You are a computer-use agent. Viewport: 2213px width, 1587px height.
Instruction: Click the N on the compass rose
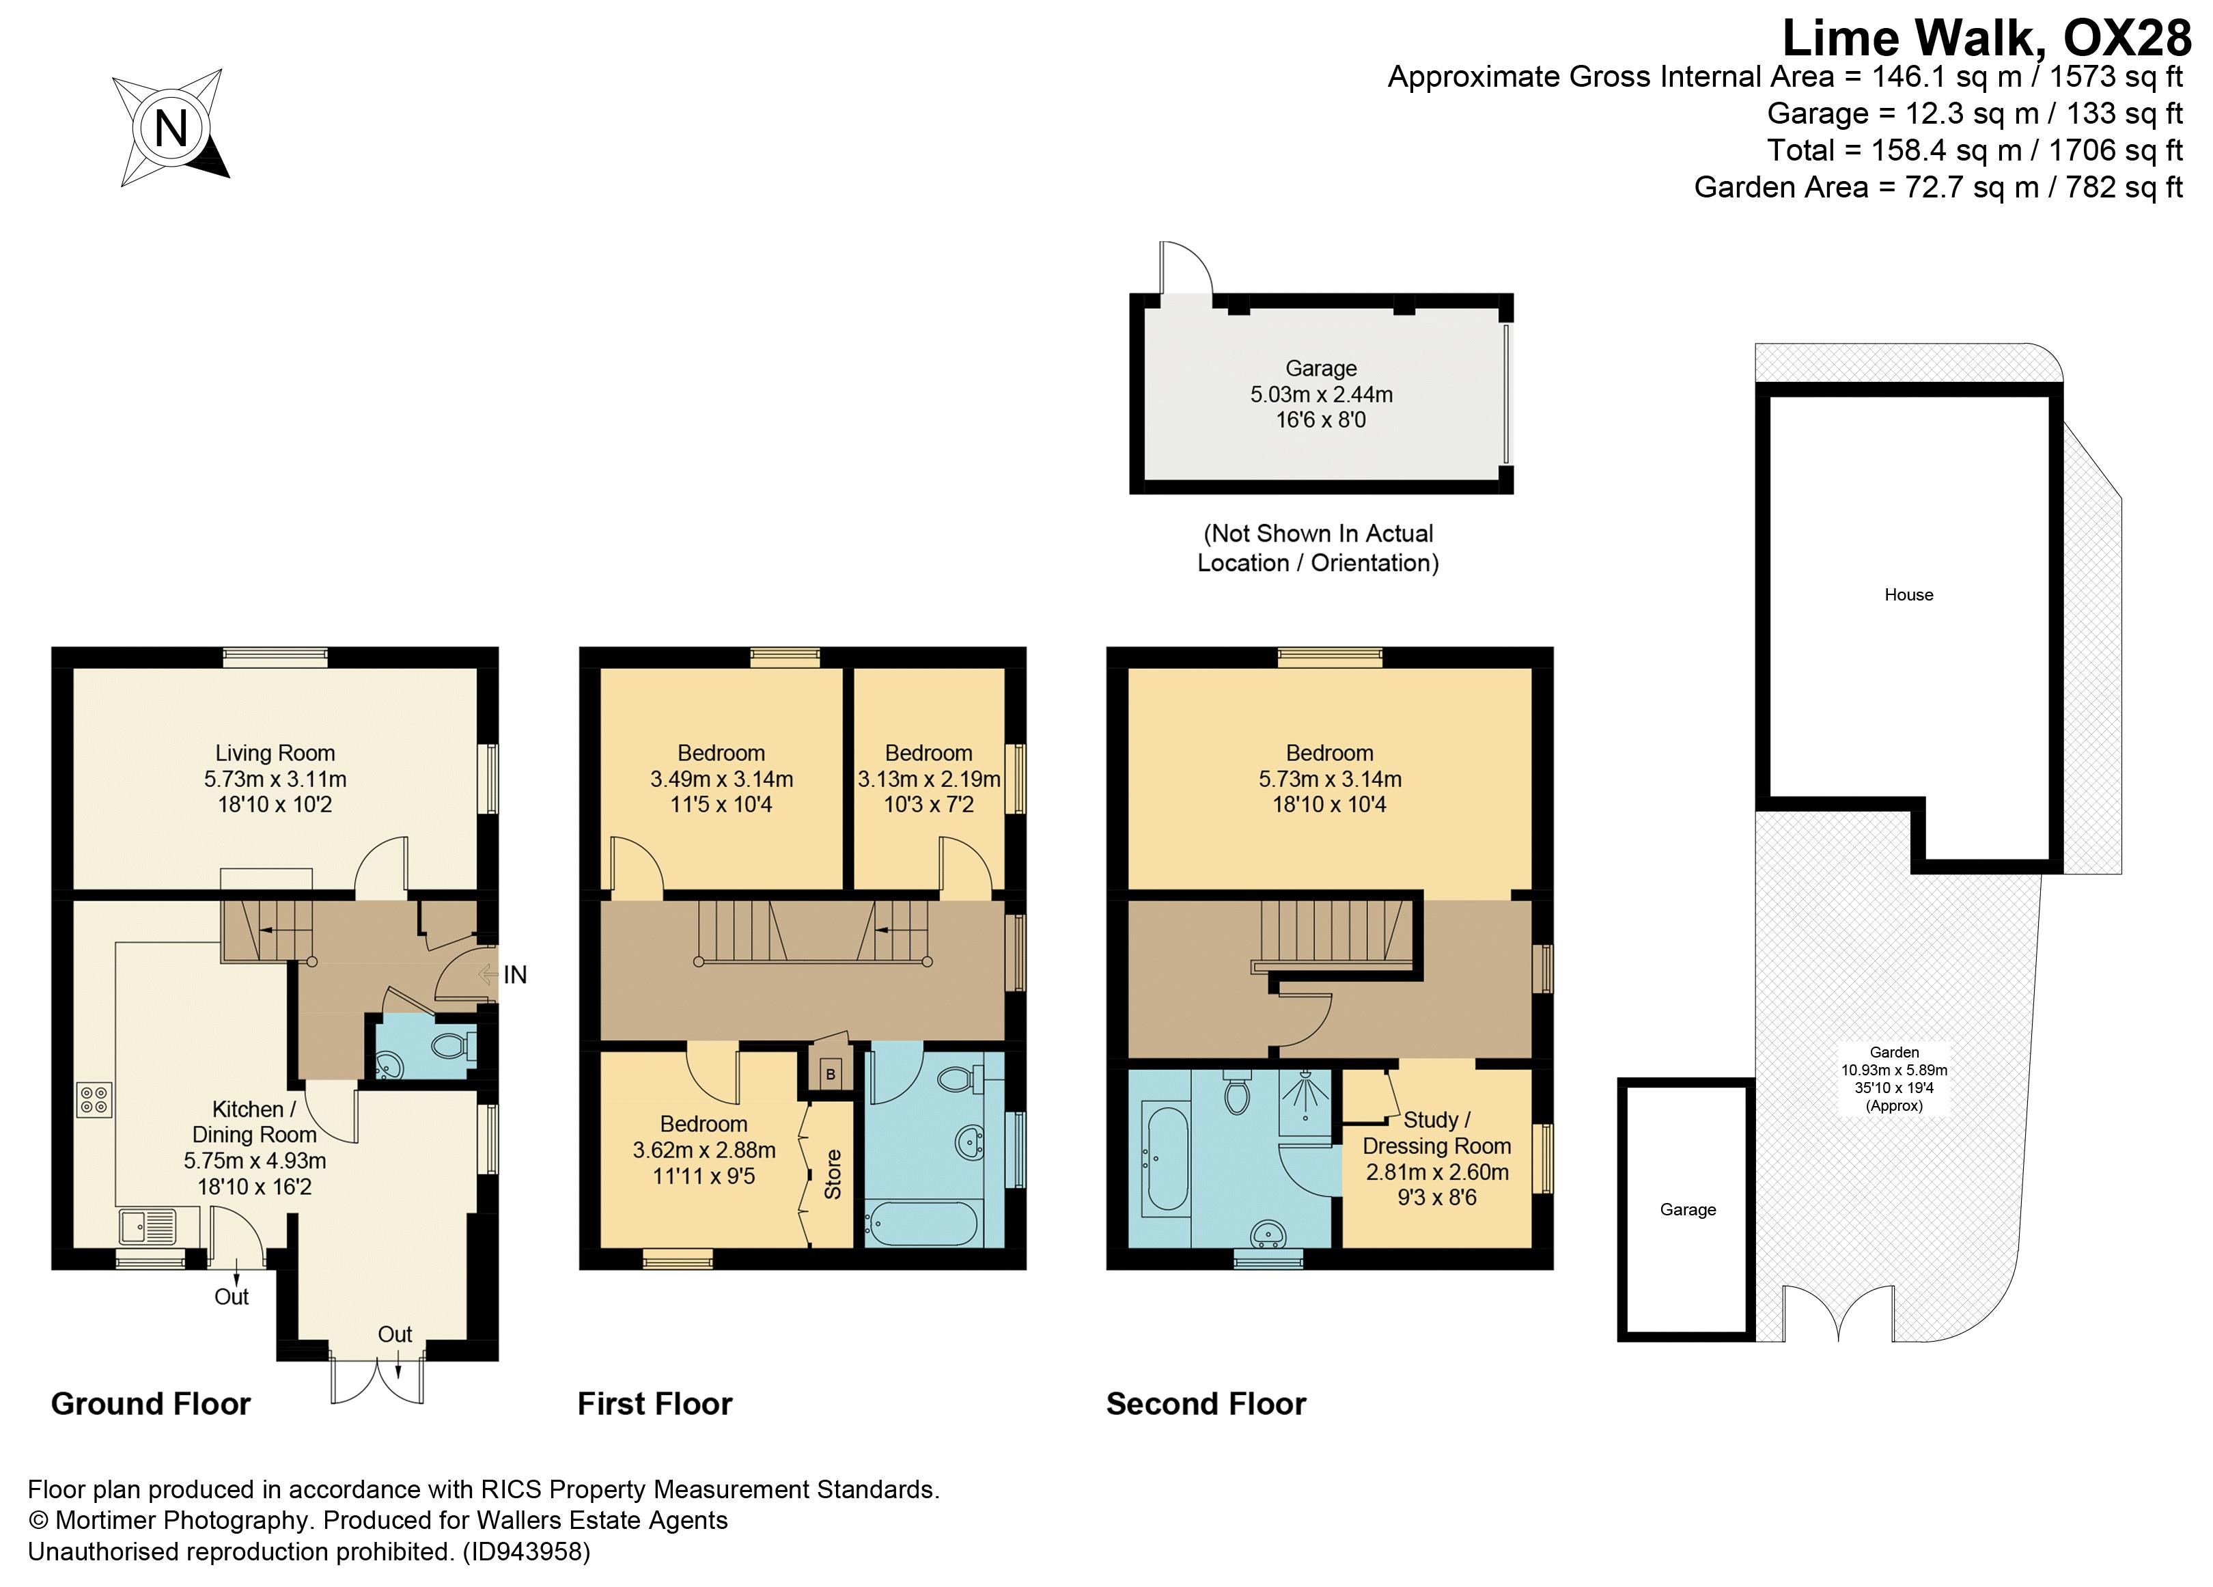171,128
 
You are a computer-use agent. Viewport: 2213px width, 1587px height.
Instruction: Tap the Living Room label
275,752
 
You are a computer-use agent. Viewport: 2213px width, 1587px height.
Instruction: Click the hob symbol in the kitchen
95,1100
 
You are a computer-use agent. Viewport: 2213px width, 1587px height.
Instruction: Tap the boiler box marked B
831,1074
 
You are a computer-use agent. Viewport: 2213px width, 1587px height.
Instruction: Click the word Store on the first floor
833,1174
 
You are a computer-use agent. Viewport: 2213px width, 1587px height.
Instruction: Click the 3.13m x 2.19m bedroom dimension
929,779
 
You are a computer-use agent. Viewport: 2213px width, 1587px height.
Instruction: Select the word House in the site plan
1908,594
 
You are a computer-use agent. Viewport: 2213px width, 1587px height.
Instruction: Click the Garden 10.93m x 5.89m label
1894,1070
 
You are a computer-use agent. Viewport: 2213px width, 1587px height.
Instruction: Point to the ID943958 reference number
527,1551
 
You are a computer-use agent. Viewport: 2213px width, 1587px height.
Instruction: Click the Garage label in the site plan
1687,1209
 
